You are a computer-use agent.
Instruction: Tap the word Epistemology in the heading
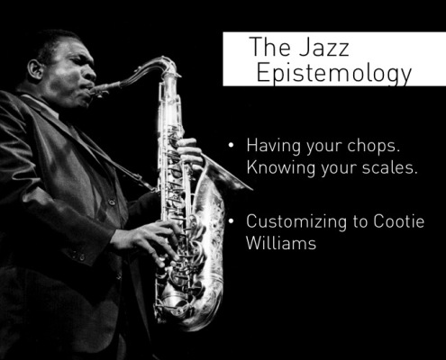(x=334, y=74)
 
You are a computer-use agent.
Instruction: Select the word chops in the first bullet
(x=374, y=146)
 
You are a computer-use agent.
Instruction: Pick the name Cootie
(x=399, y=221)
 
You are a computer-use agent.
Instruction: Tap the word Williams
(x=281, y=242)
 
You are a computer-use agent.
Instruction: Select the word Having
(x=274, y=146)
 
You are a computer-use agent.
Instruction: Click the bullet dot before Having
(x=231, y=146)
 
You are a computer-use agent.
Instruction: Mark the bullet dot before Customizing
(x=231, y=221)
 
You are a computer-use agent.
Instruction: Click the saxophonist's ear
(x=35, y=69)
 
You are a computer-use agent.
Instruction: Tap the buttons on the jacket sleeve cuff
(x=78, y=256)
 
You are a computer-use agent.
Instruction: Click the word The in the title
(x=270, y=47)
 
